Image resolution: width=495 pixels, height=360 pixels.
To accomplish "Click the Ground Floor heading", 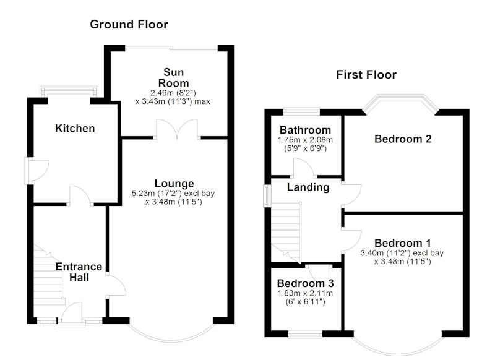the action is (x=129, y=24).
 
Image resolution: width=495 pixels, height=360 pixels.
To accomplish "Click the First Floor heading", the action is (x=366, y=75).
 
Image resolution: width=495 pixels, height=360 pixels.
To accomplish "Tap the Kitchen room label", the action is (x=75, y=129).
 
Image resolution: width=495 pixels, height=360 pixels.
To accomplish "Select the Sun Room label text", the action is (x=173, y=77).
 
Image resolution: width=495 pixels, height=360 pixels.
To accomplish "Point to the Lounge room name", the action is (x=174, y=184).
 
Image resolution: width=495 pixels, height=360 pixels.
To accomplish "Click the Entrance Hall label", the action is (x=79, y=272).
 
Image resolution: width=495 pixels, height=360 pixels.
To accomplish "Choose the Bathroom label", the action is (x=305, y=130).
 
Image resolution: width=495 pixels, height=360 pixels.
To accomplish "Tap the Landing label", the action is (x=308, y=187).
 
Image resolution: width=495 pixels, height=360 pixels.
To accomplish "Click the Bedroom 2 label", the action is (x=403, y=139).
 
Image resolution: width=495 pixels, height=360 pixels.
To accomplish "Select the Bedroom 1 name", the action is (x=403, y=243).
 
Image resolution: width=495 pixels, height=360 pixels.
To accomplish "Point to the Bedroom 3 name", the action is (x=305, y=283).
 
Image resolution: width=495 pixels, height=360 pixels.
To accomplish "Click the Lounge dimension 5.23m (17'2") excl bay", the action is (x=173, y=194).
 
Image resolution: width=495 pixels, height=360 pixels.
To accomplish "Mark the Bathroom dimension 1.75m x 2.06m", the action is (x=305, y=140).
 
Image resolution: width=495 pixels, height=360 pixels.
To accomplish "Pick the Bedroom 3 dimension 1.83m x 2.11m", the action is (x=305, y=293).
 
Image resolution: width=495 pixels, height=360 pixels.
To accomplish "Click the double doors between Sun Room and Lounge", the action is (x=177, y=129).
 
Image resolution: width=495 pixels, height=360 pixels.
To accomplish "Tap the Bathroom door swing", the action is (x=303, y=167).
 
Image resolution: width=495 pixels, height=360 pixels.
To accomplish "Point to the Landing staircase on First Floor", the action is (x=286, y=233).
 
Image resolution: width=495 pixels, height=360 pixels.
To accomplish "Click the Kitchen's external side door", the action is (x=37, y=171).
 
